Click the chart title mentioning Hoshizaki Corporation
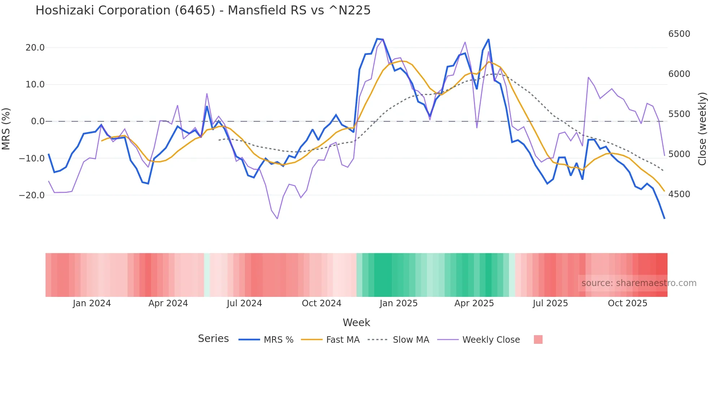(203, 10)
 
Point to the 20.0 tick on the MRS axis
(35, 48)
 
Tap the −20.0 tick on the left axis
(32, 195)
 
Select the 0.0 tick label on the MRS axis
(38, 121)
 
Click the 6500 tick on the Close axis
(679, 34)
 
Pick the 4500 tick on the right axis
(679, 194)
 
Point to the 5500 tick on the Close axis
(679, 114)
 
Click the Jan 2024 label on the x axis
(92, 303)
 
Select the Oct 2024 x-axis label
(321, 303)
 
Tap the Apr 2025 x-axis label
(474, 303)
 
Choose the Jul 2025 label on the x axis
(550, 303)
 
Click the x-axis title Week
(356, 323)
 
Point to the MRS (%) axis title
(6, 129)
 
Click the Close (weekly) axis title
(702, 129)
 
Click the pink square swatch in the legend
(538, 339)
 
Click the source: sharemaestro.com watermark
(639, 283)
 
